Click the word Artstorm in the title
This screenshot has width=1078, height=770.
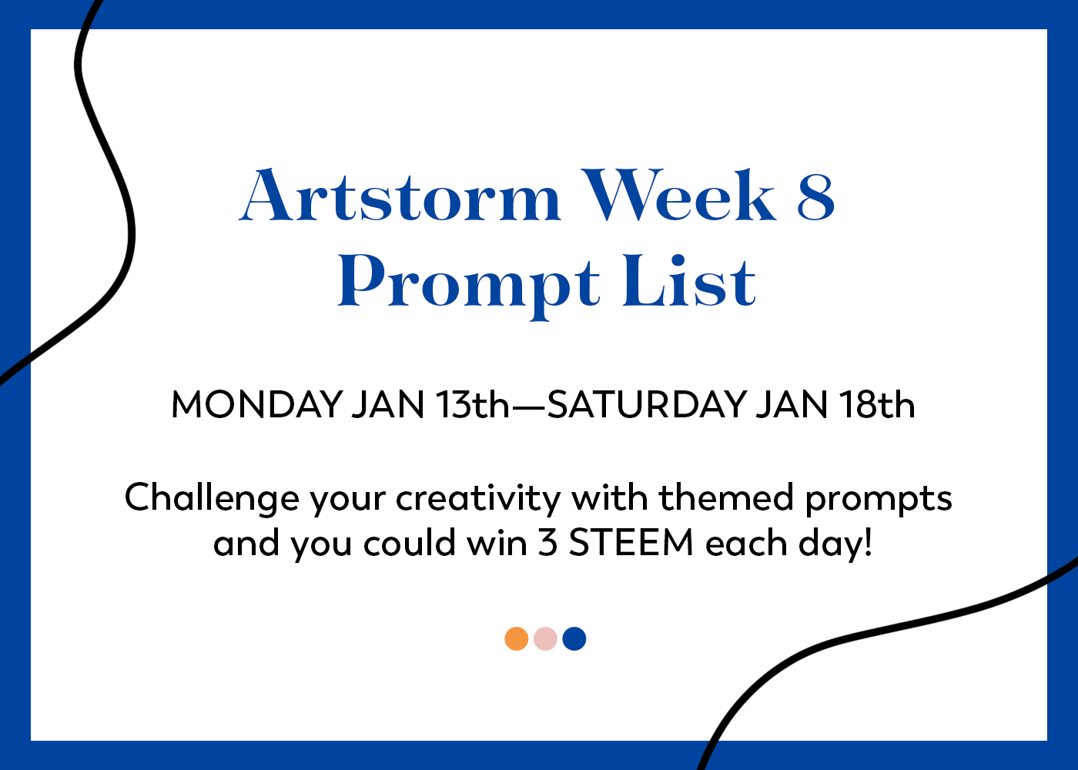click(x=400, y=195)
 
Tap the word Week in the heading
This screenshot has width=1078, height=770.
click(x=678, y=194)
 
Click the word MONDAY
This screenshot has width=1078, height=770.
click(x=257, y=404)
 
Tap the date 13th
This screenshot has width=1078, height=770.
click(x=472, y=403)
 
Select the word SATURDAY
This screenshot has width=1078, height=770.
click(x=647, y=404)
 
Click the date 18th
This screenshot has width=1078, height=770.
click(x=877, y=403)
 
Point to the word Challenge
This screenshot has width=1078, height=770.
click(x=212, y=499)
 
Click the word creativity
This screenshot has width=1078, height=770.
click(x=478, y=499)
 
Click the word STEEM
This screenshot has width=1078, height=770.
click(x=631, y=542)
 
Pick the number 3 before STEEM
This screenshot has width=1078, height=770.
click(x=547, y=542)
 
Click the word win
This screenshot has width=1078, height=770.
click(x=497, y=542)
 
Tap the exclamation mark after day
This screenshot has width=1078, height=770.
click(x=869, y=542)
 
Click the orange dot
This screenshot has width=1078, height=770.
click(x=517, y=638)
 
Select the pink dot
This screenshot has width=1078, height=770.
click(x=545, y=638)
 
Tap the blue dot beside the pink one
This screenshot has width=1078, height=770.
click(x=574, y=638)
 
